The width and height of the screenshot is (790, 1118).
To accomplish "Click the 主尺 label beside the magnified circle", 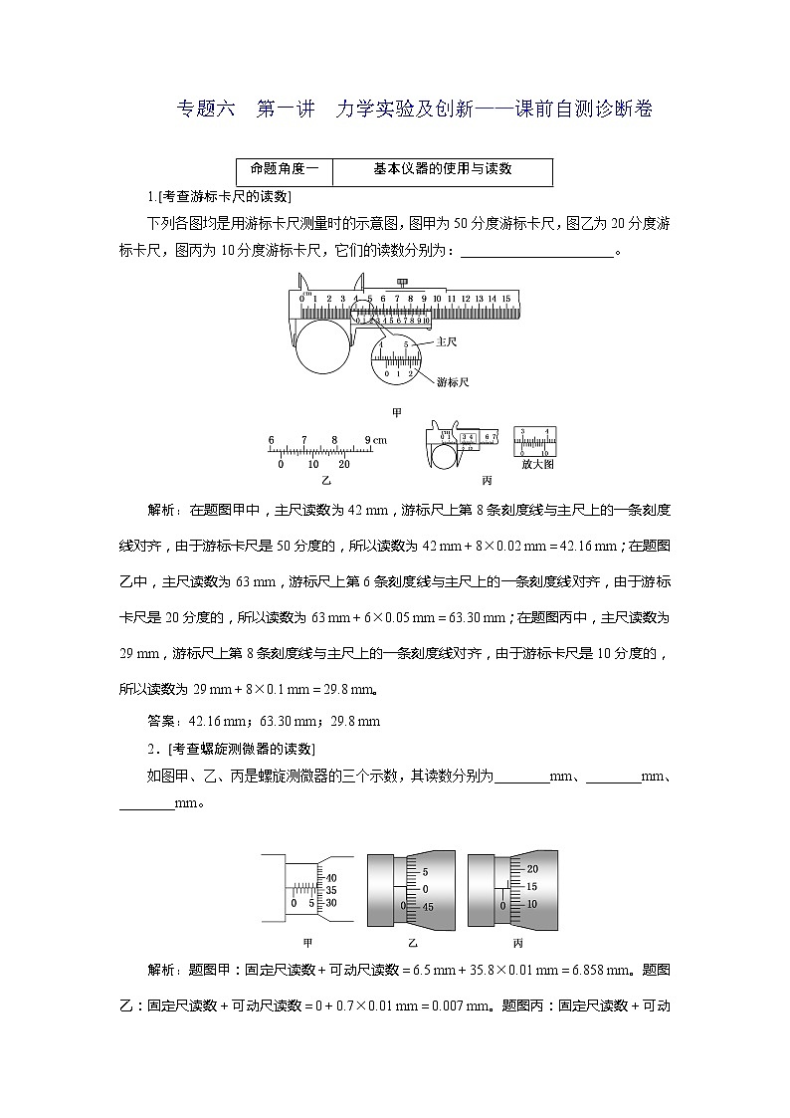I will coord(447,341).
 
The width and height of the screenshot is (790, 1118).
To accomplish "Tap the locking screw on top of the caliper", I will coord(403,281).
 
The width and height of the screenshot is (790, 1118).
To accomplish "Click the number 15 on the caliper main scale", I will coord(505,298).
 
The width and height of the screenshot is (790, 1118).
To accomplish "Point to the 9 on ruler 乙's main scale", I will coord(367,439).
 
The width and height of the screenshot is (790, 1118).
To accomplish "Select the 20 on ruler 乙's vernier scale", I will coord(344,464).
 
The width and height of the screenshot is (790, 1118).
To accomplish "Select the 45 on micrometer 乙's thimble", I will coord(427,907).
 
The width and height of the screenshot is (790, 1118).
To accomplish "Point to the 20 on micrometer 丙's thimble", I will coord(531,869).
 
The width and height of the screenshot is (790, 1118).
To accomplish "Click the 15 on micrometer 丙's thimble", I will coord(531,886).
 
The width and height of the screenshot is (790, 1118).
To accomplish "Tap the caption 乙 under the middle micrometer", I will coord(412,944).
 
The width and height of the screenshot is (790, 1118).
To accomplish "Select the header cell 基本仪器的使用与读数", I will coord(443,169).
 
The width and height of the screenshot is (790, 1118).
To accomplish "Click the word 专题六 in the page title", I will coord(204,110).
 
